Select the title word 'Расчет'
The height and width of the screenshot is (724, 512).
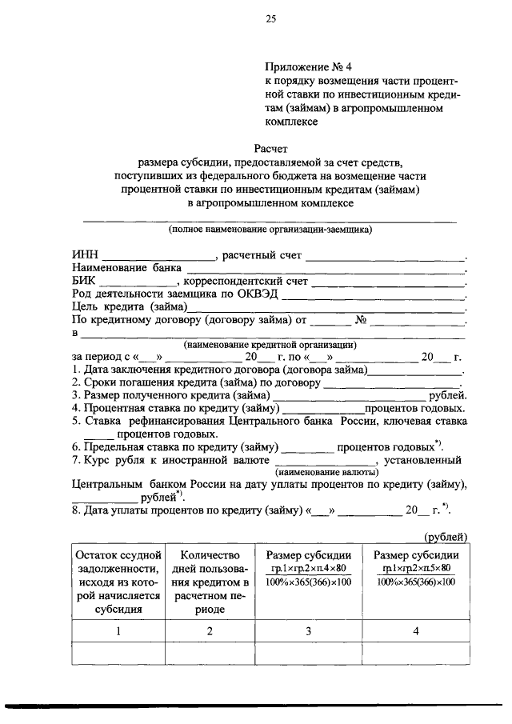tap(270, 150)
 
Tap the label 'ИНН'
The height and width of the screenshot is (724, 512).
tap(85, 256)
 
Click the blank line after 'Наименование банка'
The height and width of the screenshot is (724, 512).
tap(325, 270)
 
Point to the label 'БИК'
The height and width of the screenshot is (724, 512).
tap(84, 282)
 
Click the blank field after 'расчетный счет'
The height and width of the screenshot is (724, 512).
tap(386, 257)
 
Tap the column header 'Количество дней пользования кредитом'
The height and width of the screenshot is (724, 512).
tap(210, 582)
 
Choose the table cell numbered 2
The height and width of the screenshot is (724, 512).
tap(210, 632)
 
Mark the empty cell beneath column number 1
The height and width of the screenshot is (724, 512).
tap(118, 654)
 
